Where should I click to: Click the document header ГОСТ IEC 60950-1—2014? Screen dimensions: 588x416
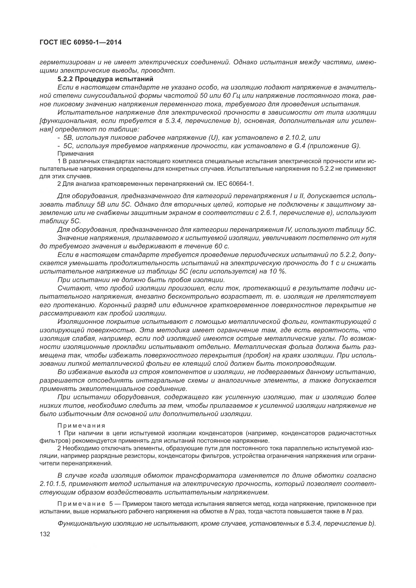80,42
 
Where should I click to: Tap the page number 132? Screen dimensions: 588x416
45,534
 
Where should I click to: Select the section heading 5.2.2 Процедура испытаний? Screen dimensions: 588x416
105,79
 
